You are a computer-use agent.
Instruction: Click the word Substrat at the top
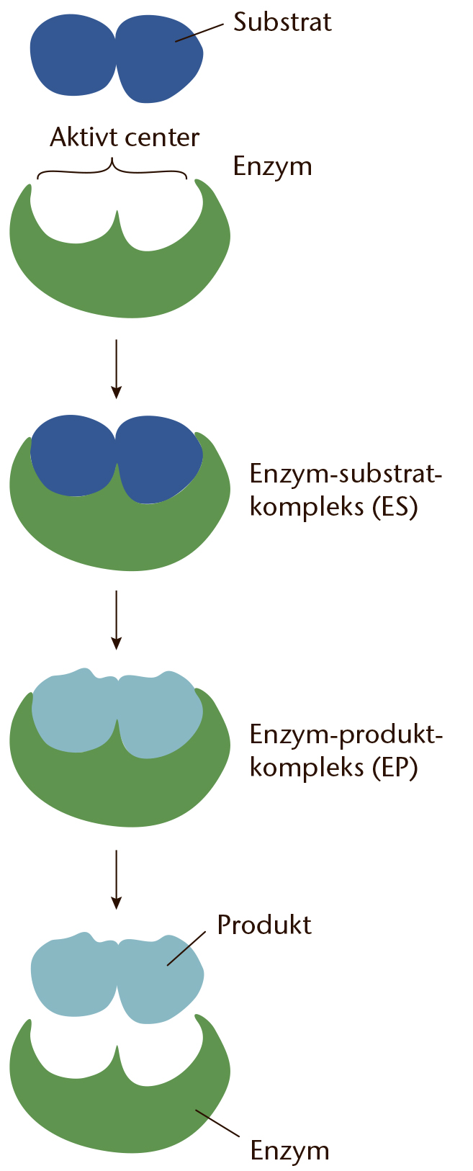pyautogui.click(x=282, y=22)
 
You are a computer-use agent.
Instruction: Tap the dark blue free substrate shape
pyautogui.click(x=117, y=58)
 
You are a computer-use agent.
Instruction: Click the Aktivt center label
pyautogui.click(x=125, y=138)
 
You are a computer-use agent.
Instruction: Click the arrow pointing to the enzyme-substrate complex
pyautogui.click(x=117, y=369)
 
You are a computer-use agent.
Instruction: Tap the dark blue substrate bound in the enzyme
pyautogui.click(x=117, y=459)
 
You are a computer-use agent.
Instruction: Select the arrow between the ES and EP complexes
pyautogui.click(x=117, y=621)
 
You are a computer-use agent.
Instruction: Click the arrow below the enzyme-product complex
pyautogui.click(x=117, y=880)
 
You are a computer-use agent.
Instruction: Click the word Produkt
pyautogui.click(x=264, y=925)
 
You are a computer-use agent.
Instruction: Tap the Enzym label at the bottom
pyautogui.click(x=289, y=1152)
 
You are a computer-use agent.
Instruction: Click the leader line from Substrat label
pyautogui.click(x=199, y=32)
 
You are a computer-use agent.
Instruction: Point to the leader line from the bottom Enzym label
pyautogui.click(x=217, y=1122)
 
